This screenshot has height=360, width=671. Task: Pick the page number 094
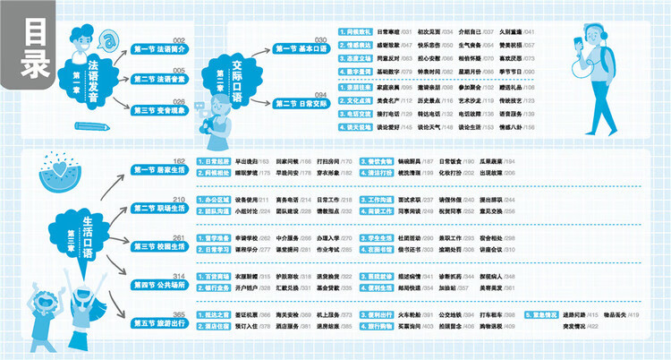[320, 93]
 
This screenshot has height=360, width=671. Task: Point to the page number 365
[178, 313]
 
